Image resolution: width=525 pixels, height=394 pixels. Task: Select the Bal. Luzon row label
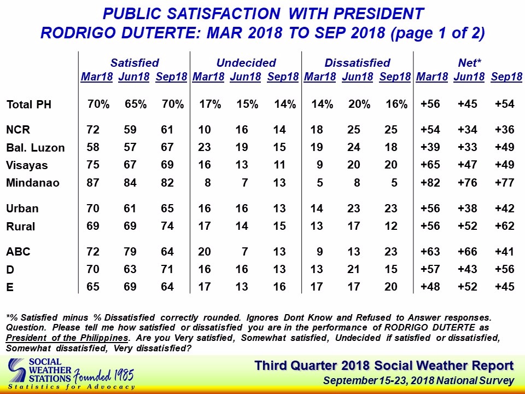click(35, 148)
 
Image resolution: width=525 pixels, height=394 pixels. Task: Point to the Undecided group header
click(246, 63)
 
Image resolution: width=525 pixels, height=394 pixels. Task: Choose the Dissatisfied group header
click(357, 63)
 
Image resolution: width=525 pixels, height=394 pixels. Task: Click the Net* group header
click(470, 63)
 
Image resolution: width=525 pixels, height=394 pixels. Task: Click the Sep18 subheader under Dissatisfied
click(394, 77)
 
